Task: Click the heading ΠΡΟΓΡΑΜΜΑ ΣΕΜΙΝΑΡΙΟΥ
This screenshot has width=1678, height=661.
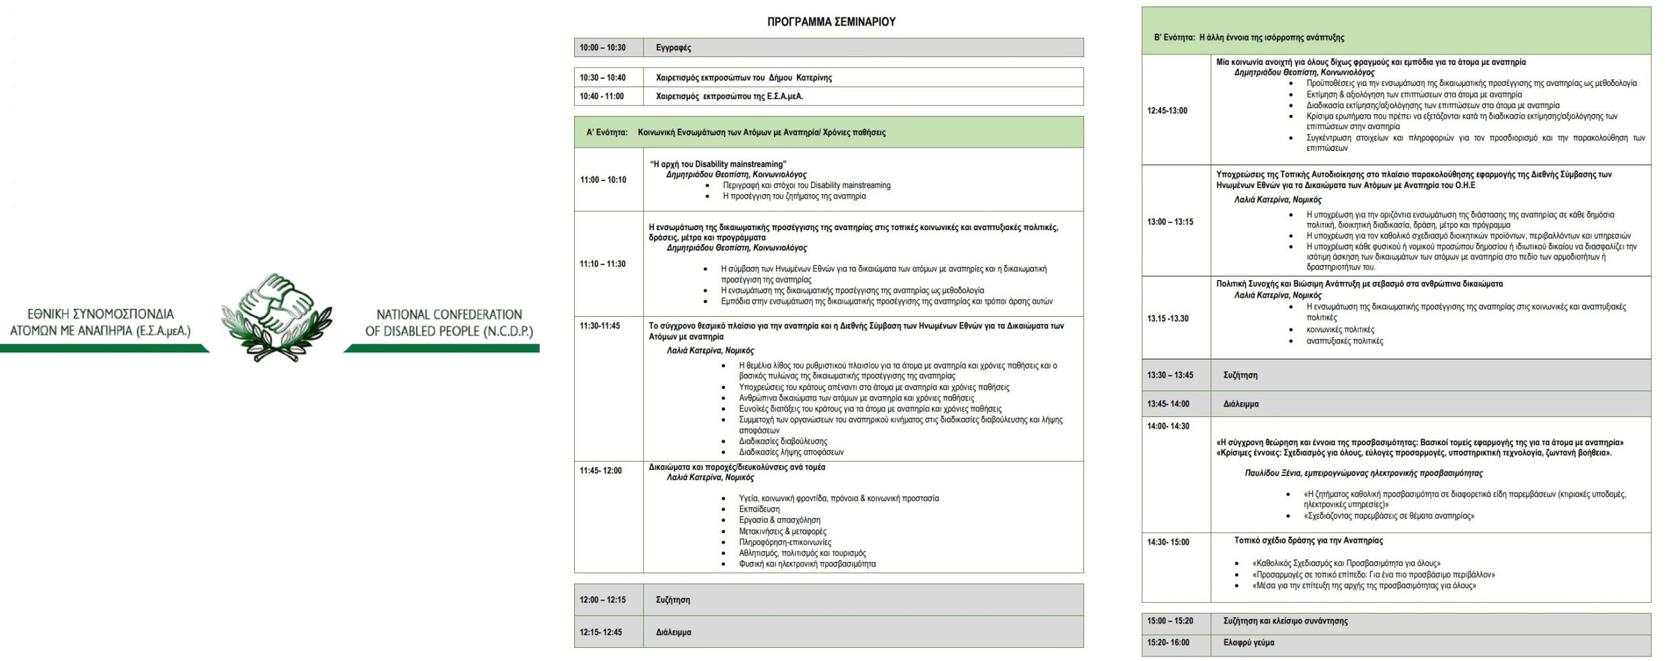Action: pyautogui.click(x=830, y=22)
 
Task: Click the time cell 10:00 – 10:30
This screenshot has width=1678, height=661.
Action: pyautogui.click(x=602, y=48)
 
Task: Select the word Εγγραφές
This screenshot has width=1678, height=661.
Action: pyautogui.click(x=673, y=48)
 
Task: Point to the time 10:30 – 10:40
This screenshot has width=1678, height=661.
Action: pyautogui.click(x=602, y=77)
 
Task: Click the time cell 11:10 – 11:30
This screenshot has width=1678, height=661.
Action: pyautogui.click(x=602, y=264)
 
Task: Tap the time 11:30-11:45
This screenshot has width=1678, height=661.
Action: pyautogui.click(x=600, y=326)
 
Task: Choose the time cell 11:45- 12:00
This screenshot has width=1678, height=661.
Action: pyautogui.click(x=600, y=470)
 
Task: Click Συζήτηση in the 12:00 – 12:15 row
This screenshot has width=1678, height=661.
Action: pyautogui.click(x=673, y=599)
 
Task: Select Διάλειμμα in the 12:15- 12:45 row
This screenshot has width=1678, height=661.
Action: pyautogui.click(x=673, y=632)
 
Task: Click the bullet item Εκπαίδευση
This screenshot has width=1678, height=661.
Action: pyautogui.click(x=759, y=509)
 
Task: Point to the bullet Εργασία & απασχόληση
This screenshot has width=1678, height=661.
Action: pyautogui.click(x=770, y=520)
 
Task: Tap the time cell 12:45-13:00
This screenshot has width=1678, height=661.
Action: pyautogui.click(x=1167, y=110)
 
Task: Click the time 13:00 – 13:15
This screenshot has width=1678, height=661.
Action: pyautogui.click(x=1170, y=222)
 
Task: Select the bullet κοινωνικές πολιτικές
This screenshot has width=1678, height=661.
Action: pyautogui.click(x=1340, y=329)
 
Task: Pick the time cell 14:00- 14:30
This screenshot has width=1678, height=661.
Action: pyautogui.click(x=1168, y=426)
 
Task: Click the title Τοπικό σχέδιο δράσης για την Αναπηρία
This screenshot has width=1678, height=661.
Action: pyautogui.click(x=1308, y=540)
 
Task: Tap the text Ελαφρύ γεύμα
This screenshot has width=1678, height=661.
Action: pyautogui.click(x=1249, y=643)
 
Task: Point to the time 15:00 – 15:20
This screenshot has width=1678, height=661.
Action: pyautogui.click(x=1170, y=620)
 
